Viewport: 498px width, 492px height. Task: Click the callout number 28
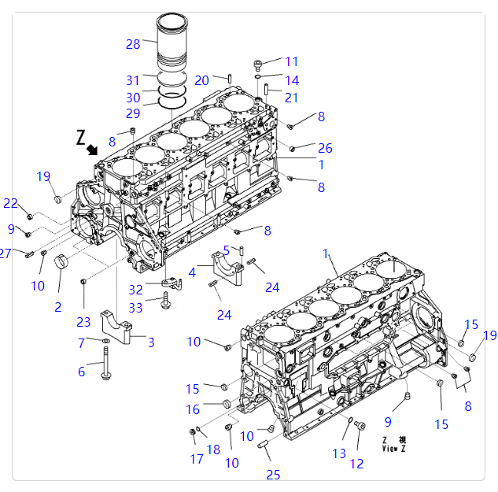coord(132,44)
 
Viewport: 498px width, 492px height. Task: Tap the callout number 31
coord(132,80)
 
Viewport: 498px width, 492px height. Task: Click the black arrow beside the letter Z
coord(93,148)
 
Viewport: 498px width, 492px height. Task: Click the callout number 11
coord(292,61)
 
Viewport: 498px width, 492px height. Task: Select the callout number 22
coord(10,203)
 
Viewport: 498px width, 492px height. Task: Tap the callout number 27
coord(6,253)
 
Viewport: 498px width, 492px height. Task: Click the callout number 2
coord(57,307)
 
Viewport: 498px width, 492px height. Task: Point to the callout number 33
coord(136,308)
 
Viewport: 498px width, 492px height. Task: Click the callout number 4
coord(192,272)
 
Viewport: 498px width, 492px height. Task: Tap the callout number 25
coord(273,475)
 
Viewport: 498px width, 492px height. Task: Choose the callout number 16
coord(194,409)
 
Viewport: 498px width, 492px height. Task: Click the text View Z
coord(394,449)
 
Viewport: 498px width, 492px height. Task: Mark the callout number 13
coord(339,453)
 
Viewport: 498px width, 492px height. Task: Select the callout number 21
coord(292,98)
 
